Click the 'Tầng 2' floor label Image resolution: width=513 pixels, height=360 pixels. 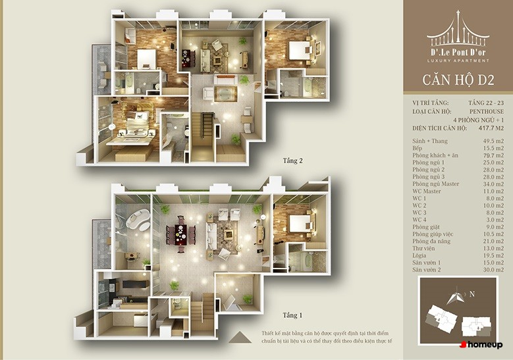pos(293,161)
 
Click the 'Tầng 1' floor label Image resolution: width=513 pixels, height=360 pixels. pos(292,315)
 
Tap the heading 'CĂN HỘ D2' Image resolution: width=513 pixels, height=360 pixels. pos(458,80)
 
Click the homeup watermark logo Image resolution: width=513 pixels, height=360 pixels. pos(481,345)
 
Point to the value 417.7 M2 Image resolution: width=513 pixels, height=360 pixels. pos(491,128)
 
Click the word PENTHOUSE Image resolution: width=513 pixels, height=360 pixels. pos(487,111)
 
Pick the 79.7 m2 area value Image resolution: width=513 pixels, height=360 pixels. pos(493,155)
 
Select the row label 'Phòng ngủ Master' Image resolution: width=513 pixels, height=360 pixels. pos(436,184)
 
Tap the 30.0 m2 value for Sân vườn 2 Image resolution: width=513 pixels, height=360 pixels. pos(493,270)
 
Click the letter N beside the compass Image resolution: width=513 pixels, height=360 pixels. pos(472,294)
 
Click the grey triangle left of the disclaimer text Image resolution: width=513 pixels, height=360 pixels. pos(240,338)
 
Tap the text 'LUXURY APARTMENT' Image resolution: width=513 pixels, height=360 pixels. pos(458,61)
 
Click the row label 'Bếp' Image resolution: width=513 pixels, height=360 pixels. pos(418,148)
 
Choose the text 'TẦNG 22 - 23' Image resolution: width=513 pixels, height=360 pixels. pos(486,103)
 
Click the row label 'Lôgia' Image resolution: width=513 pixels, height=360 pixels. pos(419,256)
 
